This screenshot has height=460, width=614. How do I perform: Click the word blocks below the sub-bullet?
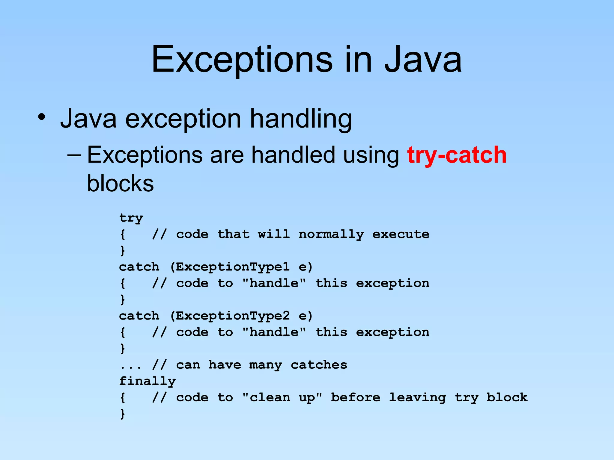tap(120, 183)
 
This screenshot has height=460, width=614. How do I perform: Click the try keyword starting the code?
tap(131, 218)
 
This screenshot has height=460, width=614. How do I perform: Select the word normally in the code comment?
tap(331, 234)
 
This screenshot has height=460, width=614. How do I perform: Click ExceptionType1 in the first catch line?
tap(233, 267)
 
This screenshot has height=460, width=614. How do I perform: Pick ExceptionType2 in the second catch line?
tap(233, 316)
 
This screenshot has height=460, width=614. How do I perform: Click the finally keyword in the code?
tap(147, 381)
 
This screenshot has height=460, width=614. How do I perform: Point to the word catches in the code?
tap(319, 365)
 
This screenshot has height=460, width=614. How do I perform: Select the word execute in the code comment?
tap(401, 234)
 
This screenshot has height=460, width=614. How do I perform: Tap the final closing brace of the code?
tap(122, 414)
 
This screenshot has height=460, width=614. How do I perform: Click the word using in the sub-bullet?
tap(371, 155)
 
